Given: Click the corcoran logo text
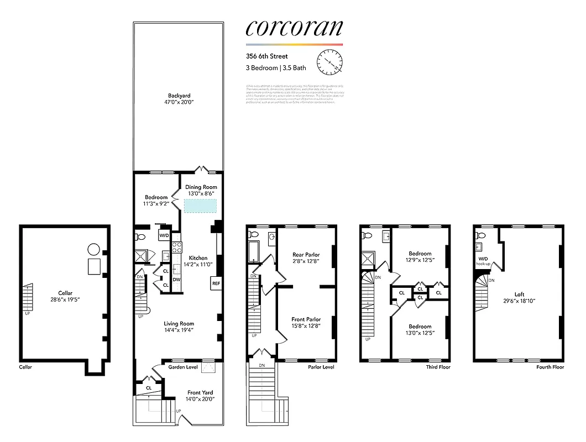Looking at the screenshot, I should pyautogui.click(x=294, y=28).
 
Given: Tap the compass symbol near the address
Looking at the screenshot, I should pyautogui.click(x=331, y=62).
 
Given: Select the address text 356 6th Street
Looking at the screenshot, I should pyautogui.click(x=267, y=56).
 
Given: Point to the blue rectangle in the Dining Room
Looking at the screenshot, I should pyautogui.click(x=201, y=205).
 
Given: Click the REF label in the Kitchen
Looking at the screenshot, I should pyautogui.click(x=215, y=283).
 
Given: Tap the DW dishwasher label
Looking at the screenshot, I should pyautogui.click(x=176, y=280).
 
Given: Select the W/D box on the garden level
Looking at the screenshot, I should pyautogui.click(x=164, y=236).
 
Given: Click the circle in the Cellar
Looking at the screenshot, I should pyautogui.click(x=94, y=249).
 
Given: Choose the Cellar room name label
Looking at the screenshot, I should pyautogui.click(x=65, y=293).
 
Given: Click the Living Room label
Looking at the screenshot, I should pyautogui.click(x=179, y=324).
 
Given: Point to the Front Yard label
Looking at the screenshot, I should pyautogui.click(x=200, y=393).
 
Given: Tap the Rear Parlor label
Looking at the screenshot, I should pyautogui.click(x=306, y=255).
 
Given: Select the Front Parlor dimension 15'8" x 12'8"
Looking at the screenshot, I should pyautogui.click(x=306, y=326).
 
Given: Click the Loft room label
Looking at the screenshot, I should pyautogui.click(x=519, y=294).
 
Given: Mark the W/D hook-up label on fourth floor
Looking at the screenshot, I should pyautogui.click(x=483, y=261).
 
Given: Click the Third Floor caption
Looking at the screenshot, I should pyautogui.click(x=438, y=367).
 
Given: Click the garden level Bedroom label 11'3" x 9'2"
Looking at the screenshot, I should pyautogui.click(x=156, y=197).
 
